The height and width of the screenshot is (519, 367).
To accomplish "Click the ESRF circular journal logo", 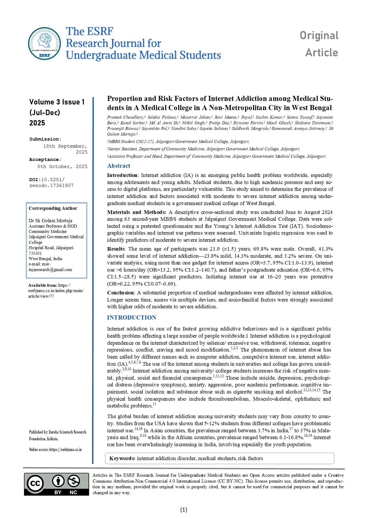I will point(44,44).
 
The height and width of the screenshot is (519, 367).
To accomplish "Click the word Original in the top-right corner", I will point(319,36).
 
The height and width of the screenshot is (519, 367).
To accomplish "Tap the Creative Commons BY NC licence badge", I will point(56,484).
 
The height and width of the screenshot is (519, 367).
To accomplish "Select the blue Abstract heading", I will point(118,166).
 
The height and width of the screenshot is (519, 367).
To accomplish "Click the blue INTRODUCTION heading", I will point(131,317).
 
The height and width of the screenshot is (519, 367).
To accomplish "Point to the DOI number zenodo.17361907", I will point(51,186).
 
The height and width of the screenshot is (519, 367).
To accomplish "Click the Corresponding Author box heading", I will point(53,208).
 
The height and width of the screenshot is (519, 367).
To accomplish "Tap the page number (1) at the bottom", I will point(183,510).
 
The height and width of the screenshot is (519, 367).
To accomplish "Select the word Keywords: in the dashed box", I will point(122,458).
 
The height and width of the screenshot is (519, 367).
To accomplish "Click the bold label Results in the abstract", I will point(116,249).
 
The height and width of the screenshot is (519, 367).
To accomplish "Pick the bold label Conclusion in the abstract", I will point(120,293).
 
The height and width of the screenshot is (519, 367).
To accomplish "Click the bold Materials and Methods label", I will point(136,212).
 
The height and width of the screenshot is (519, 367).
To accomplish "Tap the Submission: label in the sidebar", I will point(45,139).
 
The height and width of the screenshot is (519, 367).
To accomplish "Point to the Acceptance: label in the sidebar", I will point(45,159).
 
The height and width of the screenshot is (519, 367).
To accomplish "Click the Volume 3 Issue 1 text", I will point(57,102).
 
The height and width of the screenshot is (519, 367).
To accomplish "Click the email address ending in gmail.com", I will point(50,270).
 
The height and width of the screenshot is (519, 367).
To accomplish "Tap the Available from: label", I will point(43,285).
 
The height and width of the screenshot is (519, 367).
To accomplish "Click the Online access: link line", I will point(55,450).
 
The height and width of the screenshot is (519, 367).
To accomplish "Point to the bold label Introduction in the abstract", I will point(122,175).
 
